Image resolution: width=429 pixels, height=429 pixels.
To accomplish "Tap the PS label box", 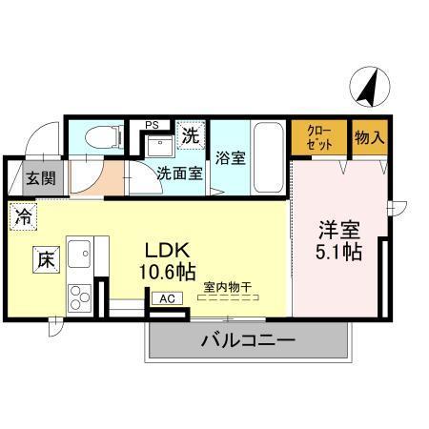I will [151, 124].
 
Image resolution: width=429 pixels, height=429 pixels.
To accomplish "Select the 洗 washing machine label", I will [191, 135].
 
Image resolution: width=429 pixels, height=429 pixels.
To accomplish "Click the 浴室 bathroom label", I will [231, 158].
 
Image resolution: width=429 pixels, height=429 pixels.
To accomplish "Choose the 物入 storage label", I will [370, 137].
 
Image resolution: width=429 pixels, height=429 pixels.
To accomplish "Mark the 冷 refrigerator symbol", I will [21, 215].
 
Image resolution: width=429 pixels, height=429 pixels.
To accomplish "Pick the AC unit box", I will [167, 297].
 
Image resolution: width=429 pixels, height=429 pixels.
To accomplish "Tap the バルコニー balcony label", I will [247, 339].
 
